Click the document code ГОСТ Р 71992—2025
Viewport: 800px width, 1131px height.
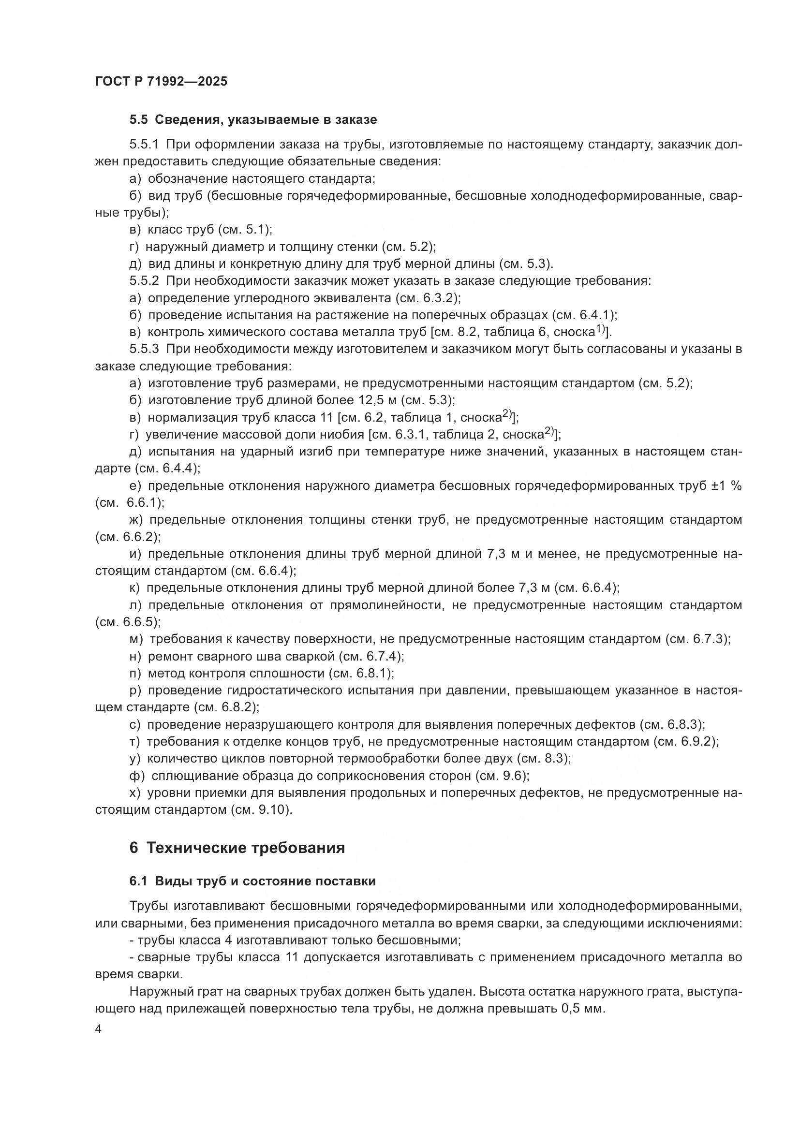pyautogui.click(x=161, y=82)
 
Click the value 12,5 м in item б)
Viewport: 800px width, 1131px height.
pyautogui.click(x=378, y=400)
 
